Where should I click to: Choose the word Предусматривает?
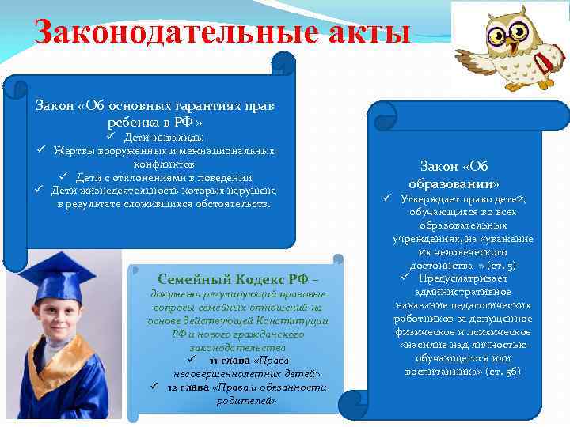point(475,278)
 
